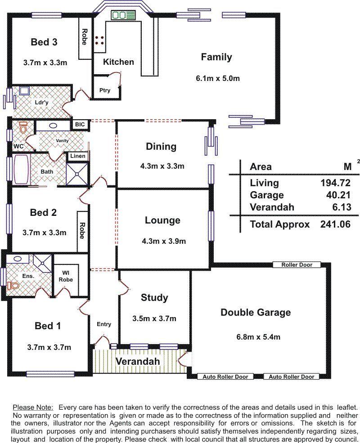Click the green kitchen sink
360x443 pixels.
click(123, 15)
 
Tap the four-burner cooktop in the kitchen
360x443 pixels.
click(99, 40)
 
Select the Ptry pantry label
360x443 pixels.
click(104, 90)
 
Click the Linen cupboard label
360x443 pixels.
click(78, 156)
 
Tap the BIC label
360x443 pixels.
click(80, 124)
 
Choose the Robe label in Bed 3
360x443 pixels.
click(85, 37)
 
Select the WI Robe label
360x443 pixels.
click(66, 276)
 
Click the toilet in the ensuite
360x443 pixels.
click(13, 285)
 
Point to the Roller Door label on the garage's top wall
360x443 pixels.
click(297, 265)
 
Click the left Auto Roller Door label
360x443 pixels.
click(225, 376)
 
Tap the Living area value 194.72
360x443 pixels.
click(335, 183)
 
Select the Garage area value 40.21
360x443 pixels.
click(338, 195)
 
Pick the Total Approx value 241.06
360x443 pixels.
click(335, 224)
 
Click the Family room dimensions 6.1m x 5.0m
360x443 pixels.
click(218, 78)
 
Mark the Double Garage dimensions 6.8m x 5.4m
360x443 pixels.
click(258, 337)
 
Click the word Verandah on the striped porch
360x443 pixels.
click(138, 361)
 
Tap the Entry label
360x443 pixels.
click(103, 324)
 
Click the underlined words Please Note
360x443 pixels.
click(33, 407)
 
